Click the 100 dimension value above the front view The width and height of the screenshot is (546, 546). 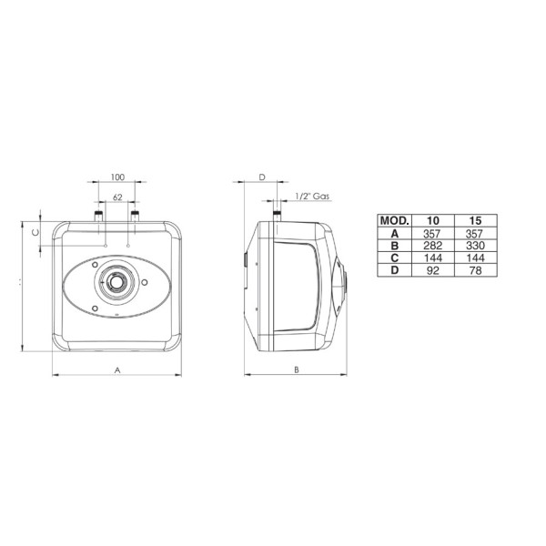click(117, 177)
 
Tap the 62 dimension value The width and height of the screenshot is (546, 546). click(117, 197)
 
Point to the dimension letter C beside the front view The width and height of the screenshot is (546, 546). click(35, 232)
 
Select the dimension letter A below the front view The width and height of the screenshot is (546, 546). click(117, 369)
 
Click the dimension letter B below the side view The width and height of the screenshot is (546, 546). click(297, 369)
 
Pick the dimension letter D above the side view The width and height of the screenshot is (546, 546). click(262, 177)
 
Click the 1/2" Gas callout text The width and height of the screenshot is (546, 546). click(312, 197)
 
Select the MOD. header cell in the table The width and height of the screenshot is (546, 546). click(395, 220)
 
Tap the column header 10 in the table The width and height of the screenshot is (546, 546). click(433, 220)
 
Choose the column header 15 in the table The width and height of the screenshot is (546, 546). click(475, 220)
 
